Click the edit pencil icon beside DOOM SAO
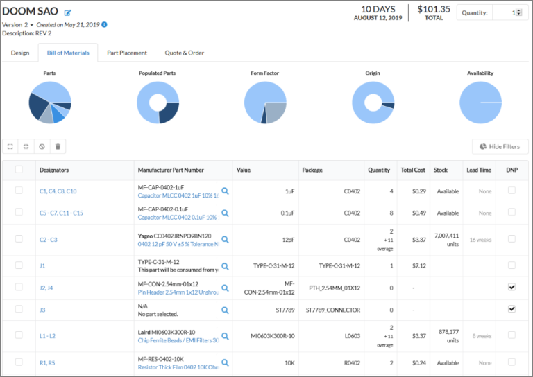tap(68, 12)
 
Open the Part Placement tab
tap(127, 53)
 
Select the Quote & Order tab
tap(184, 53)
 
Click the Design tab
tap(20, 53)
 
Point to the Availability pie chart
tap(480, 103)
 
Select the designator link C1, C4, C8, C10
tap(58, 191)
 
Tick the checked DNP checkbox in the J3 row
tap(512, 309)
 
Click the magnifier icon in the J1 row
tap(225, 265)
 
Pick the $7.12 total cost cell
tap(413, 265)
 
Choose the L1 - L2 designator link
tap(48, 336)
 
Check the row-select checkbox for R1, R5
tap(19, 362)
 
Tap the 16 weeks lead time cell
tap(480, 240)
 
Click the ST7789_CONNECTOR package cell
tap(333, 310)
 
